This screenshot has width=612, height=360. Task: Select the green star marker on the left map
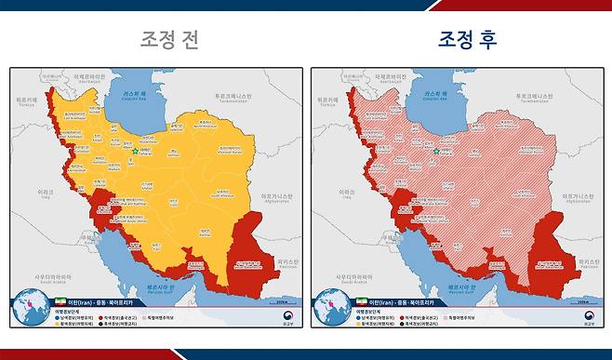136,151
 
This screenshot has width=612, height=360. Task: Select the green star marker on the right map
437,151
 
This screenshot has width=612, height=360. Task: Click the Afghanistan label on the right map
581,196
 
